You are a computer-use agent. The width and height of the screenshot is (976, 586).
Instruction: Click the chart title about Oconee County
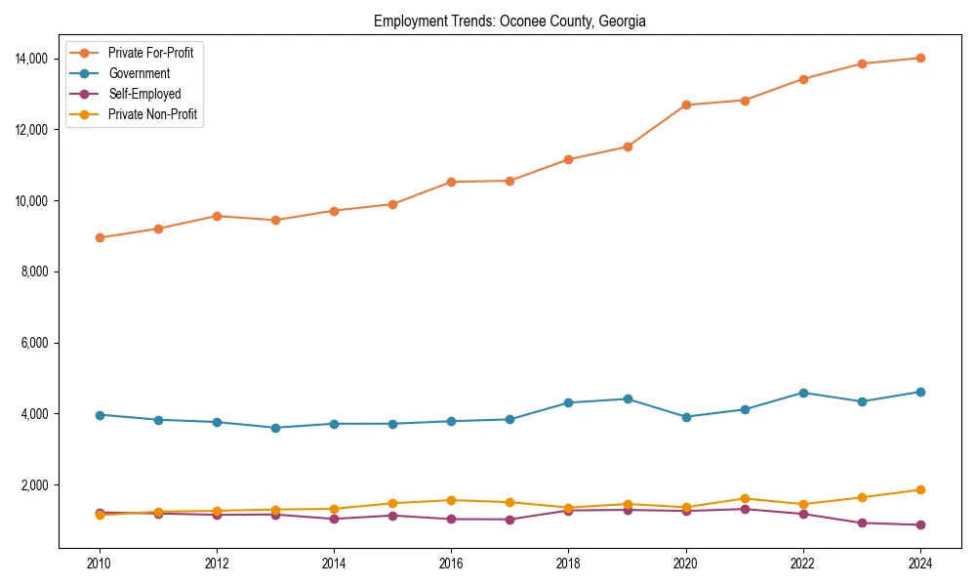click(509, 21)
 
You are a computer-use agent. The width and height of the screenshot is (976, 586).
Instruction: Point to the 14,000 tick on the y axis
click(35, 59)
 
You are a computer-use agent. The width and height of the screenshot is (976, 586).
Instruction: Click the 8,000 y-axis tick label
click(38, 272)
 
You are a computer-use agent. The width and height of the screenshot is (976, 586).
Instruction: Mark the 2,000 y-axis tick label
click(38, 485)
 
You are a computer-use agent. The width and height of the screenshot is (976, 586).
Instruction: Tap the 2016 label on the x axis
click(451, 564)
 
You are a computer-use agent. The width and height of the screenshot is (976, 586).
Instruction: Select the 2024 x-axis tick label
click(920, 564)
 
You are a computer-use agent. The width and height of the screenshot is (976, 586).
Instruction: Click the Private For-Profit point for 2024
click(920, 58)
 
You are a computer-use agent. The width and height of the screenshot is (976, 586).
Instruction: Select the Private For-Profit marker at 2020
click(686, 105)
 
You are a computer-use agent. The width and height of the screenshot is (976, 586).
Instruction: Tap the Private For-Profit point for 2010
click(99, 237)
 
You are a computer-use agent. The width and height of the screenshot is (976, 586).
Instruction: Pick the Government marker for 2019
click(628, 398)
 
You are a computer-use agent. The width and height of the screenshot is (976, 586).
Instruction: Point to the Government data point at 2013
click(275, 428)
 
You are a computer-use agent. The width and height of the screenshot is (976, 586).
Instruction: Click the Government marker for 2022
click(803, 393)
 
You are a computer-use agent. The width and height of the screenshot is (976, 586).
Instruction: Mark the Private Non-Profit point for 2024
click(920, 489)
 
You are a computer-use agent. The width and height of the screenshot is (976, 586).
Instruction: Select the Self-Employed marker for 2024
click(920, 524)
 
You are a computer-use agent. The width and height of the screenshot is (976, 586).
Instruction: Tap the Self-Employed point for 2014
click(334, 519)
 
